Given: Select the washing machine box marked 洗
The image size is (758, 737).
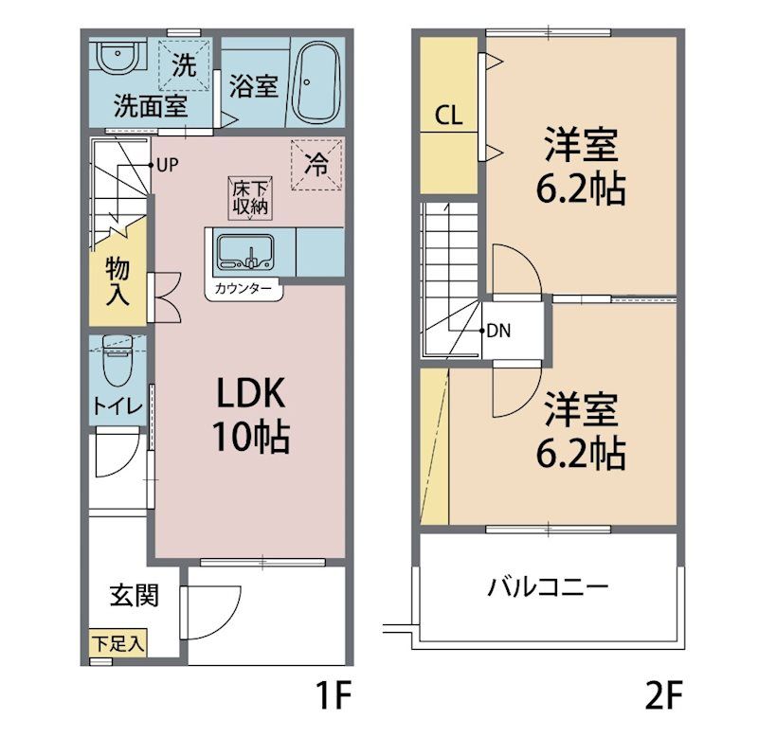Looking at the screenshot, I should pyautogui.click(x=184, y=65).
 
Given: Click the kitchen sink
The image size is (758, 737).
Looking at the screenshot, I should pyautogui.click(x=244, y=252).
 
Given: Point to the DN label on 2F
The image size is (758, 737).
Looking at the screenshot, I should pyautogui.click(x=499, y=332).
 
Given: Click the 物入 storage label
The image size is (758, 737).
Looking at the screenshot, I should pyautogui.click(x=117, y=280).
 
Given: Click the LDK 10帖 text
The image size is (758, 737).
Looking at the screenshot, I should pyautogui.click(x=248, y=416).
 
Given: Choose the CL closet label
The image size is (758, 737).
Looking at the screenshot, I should pyautogui.click(x=448, y=116).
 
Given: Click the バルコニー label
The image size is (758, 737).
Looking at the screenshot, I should pyautogui.click(x=548, y=586).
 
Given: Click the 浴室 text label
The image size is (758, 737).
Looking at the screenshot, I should pyautogui.click(x=253, y=85).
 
